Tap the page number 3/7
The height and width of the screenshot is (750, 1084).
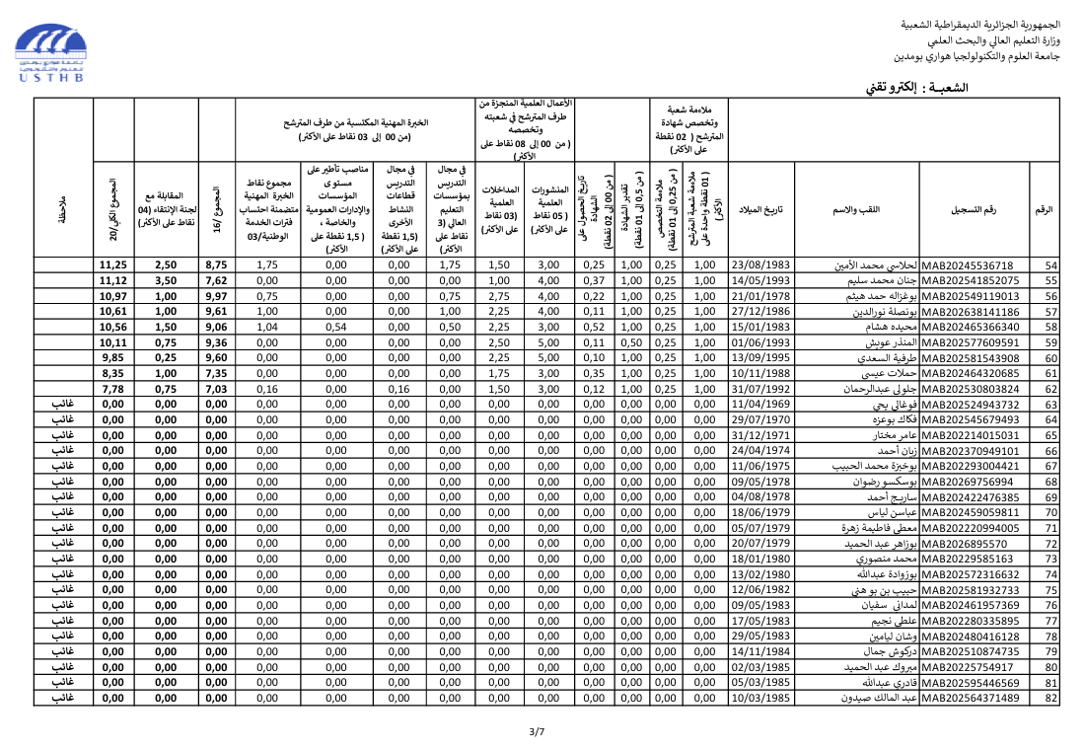(537, 731)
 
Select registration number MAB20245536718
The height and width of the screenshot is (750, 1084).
(966, 264)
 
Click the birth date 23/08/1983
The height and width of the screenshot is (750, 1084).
(760, 264)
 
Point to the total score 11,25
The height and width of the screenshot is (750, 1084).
(113, 264)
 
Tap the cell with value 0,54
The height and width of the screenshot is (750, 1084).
(336, 327)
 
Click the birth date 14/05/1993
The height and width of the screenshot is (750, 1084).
(760, 280)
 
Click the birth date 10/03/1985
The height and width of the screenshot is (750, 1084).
(760, 698)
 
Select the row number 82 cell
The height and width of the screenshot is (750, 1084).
(1050, 698)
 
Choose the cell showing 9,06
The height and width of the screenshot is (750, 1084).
(216, 327)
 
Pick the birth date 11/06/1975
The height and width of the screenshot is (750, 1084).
(760, 466)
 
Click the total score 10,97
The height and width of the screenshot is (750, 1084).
(113, 296)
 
